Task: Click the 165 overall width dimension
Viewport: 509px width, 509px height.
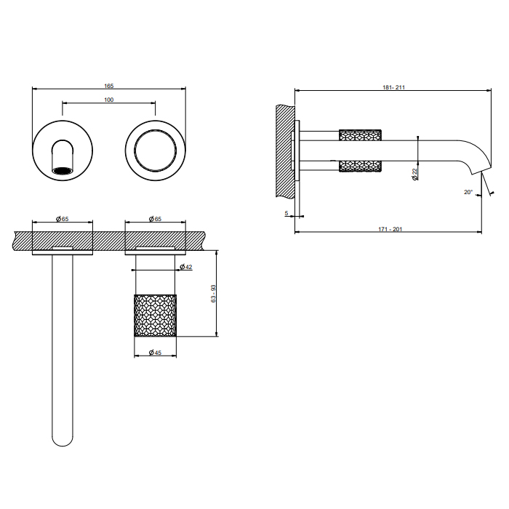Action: (x=109, y=85)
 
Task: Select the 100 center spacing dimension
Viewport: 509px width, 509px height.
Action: (x=109, y=100)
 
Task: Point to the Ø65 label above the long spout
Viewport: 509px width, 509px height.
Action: (x=63, y=218)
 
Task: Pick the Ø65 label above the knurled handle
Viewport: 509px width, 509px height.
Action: (x=155, y=218)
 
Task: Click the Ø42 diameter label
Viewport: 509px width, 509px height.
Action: (x=185, y=268)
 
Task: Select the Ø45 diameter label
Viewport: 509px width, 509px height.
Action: (x=154, y=353)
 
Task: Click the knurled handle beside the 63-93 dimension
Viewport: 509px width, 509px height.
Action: (x=155, y=314)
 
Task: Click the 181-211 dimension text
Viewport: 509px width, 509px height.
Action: (x=393, y=87)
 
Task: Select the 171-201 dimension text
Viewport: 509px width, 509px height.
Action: (x=390, y=229)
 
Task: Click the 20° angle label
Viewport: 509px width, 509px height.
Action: (x=468, y=192)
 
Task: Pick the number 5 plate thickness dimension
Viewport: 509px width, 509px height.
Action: (x=287, y=213)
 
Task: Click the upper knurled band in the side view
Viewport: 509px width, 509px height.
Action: (x=361, y=135)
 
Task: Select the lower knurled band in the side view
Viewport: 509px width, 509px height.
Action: (x=361, y=167)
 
